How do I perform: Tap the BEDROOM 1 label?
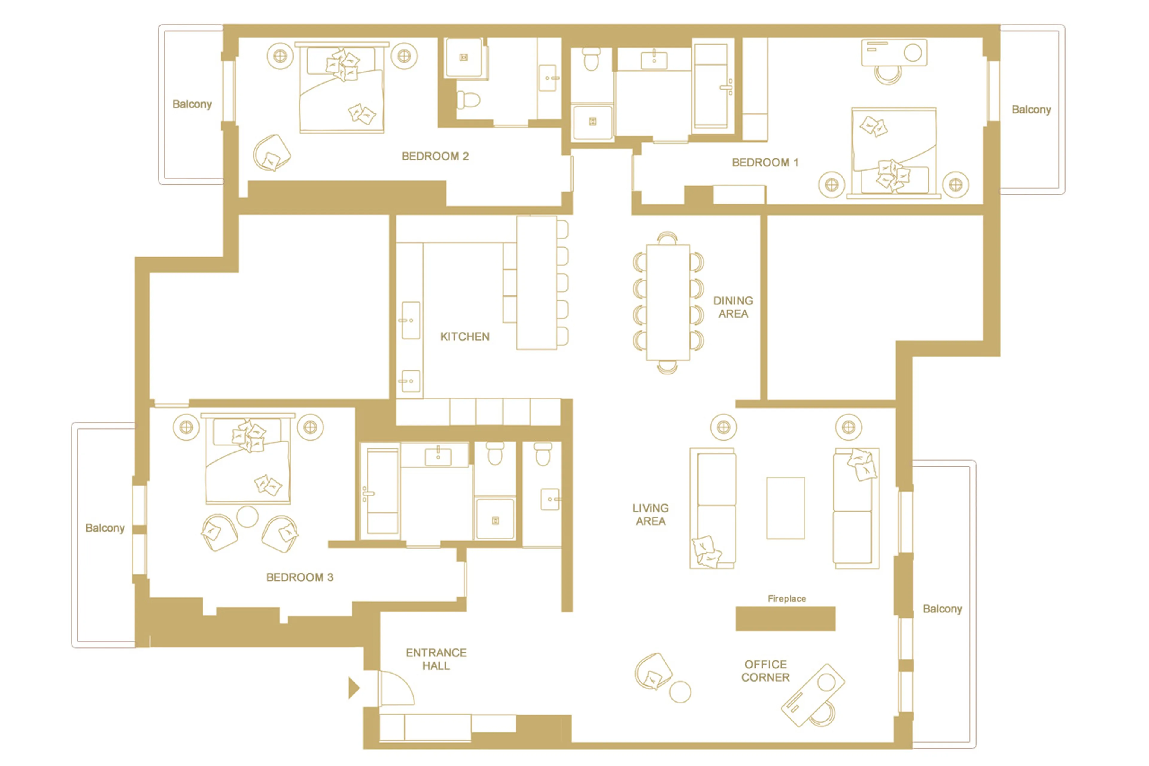tap(765, 162)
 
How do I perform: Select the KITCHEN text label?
tap(464, 336)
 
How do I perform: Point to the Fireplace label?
tap(786, 598)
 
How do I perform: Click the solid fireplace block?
tap(785, 618)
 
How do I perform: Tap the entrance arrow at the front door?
tap(354, 688)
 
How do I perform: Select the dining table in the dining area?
tap(668, 302)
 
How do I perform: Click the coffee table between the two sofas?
tap(785, 508)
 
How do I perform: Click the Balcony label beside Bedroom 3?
tap(105, 528)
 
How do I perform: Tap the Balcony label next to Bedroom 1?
tap(1031, 110)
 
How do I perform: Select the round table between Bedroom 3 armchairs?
tap(247, 516)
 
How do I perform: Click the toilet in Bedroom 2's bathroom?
tap(468, 100)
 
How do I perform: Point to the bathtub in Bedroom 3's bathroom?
tap(382, 491)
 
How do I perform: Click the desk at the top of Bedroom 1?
tap(893, 53)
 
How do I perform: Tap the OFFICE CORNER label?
tap(765, 671)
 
